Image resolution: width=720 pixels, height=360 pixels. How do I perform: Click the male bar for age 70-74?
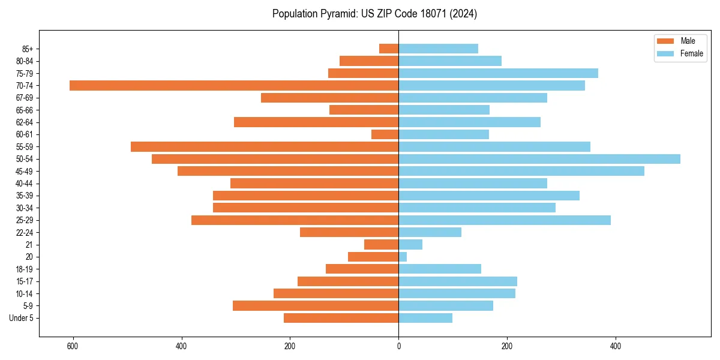click(x=234, y=85)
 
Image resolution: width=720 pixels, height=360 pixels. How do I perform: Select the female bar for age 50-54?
click(x=539, y=159)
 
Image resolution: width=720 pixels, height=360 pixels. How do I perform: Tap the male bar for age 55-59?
click(x=265, y=146)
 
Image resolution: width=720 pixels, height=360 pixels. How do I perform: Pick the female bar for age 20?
click(x=403, y=257)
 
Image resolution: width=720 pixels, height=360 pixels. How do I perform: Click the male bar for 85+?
click(x=389, y=49)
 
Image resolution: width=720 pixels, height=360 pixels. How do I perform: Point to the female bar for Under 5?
click(x=425, y=318)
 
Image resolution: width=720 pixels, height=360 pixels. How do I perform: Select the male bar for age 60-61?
click(x=385, y=134)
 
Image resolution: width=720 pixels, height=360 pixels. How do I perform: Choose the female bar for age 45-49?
click(x=521, y=171)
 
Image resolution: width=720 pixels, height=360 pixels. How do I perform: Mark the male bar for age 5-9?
click(x=316, y=305)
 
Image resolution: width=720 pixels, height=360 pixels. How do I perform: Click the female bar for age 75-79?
click(x=498, y=73)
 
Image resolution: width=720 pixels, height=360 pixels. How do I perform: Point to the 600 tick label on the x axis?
click(x=73, y=346)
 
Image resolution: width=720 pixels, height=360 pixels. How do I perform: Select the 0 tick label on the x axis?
click(x=398, y=346)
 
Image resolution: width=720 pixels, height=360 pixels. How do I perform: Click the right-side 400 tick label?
click(x=616, y=346)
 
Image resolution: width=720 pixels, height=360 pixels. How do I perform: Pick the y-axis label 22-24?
click(x=25, y=232)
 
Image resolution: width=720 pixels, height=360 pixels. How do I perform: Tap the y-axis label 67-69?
click(x=25, y=98)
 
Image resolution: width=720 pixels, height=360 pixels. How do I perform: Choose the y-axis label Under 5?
click(x=21, y=318)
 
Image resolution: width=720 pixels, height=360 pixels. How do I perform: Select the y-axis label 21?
click(x=29, y=245)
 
